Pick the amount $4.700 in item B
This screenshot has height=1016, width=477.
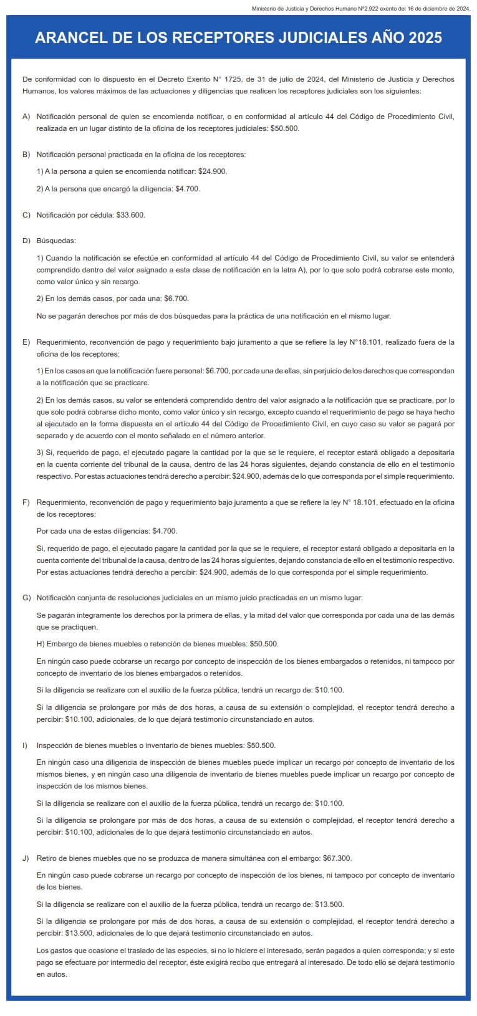tap(188, 189)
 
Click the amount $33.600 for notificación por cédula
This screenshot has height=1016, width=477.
tap(130, 215)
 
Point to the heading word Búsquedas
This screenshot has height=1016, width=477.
tap(56, 241)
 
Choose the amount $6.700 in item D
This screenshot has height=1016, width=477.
tap(176, 299)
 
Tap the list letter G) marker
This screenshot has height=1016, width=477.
tap(26, 598)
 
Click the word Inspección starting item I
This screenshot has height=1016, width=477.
tap(55, 745)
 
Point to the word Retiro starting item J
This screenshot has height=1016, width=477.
tap(47, 858)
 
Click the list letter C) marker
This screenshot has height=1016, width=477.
tap(26, 215)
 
